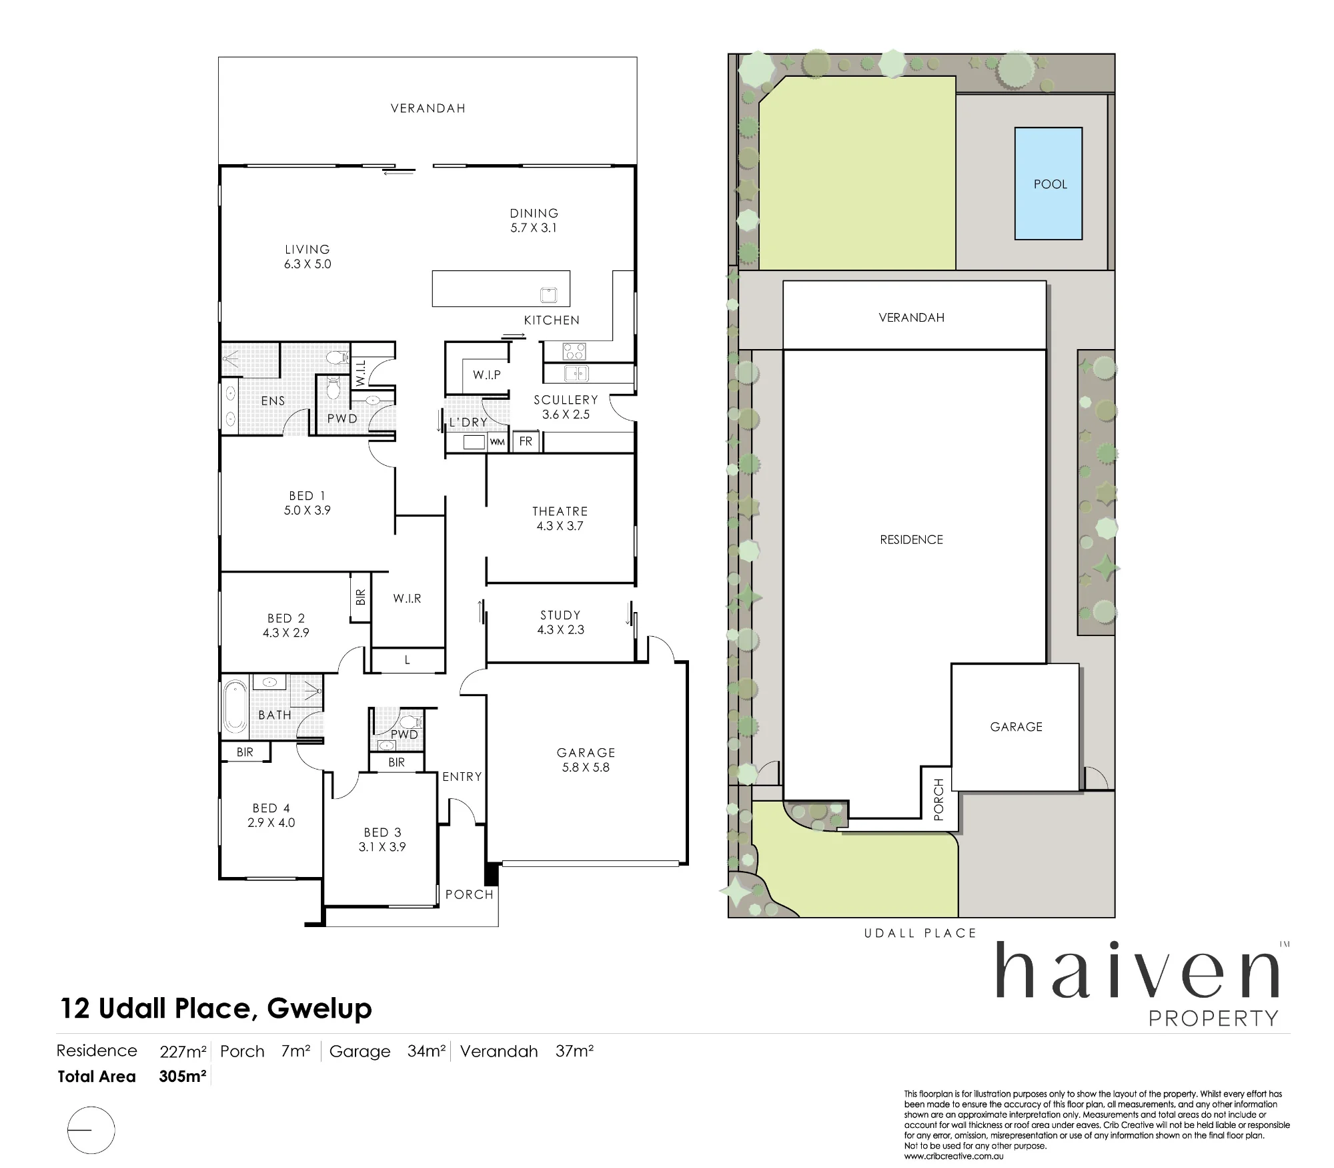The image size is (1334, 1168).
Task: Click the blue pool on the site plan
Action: (x=1048, y=184)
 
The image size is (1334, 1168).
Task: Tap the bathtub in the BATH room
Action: (x=234, y=706)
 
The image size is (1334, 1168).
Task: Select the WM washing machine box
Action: (x=497, y=442)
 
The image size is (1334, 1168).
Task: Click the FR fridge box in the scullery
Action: (x=526, y=441)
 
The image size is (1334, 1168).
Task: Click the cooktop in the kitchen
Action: (x=574, y=350)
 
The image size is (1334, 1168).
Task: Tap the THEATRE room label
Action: (x=560, y=511)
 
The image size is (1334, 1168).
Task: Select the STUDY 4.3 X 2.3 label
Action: (x=560, y=622)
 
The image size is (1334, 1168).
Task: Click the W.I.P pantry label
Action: (x=487, y=374)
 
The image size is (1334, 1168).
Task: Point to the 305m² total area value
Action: (x=182, y=1076)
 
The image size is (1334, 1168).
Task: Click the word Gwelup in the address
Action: (x=319, y=1009)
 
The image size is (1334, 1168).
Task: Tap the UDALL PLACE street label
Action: (x=920, y=933)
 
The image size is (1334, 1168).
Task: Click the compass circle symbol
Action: (x=91, y=1130)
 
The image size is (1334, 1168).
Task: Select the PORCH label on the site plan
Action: (x=939, y=799)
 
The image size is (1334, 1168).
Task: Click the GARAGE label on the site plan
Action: (x=1016, y=727)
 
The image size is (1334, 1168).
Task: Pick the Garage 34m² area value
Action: (x=426, y=1051)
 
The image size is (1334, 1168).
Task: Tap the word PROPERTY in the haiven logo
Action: (x=1213, y=1018)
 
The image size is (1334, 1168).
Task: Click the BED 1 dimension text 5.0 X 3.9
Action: (x=307, y=510)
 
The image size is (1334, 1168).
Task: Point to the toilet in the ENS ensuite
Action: (x=338, y=358)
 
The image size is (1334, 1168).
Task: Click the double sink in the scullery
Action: (x=576, y=374)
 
